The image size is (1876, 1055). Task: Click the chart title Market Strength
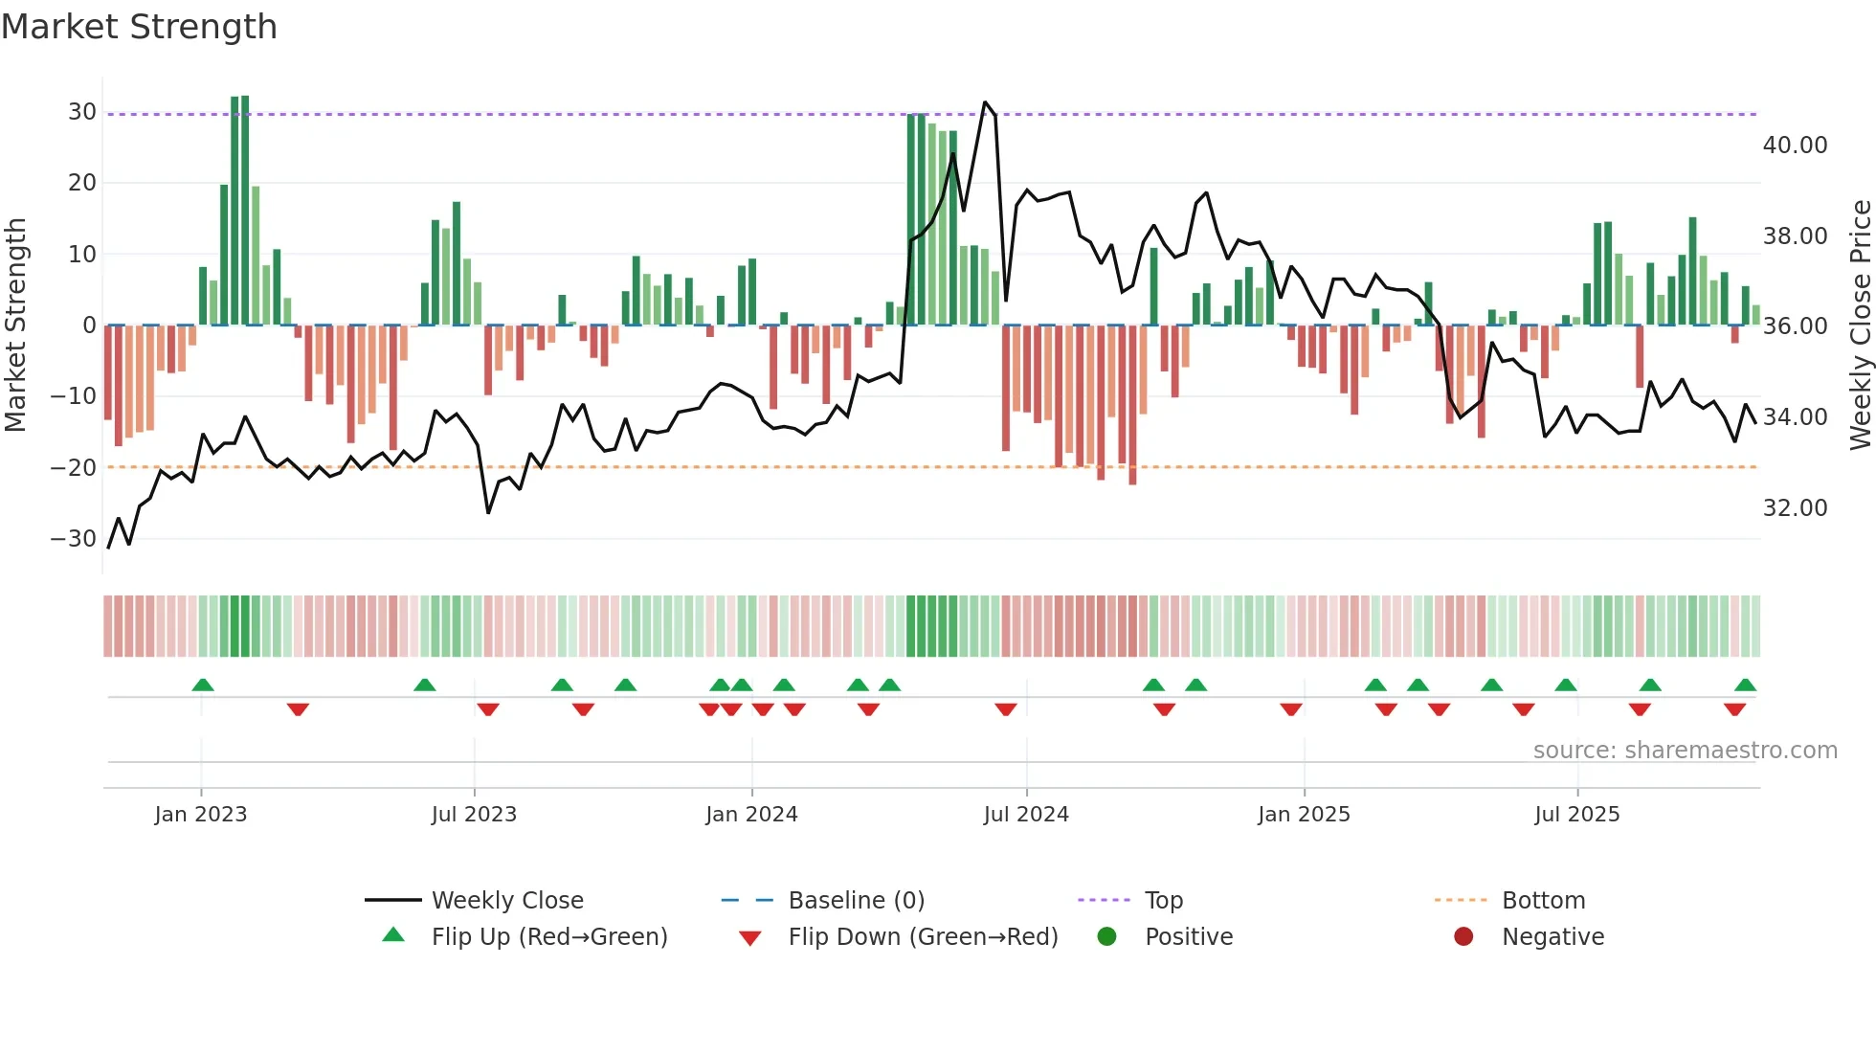[139, 27]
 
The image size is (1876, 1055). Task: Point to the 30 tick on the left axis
[82, 111]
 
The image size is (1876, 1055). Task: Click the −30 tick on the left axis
[74, 538]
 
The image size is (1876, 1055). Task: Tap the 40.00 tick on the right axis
[1795, 145]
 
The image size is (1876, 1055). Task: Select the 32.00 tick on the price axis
[1795, 507]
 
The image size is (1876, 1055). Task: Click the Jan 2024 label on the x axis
[751, 814]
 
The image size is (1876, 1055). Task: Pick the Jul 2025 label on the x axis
[1576, 814]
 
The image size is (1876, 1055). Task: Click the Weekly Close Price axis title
[1860, 325]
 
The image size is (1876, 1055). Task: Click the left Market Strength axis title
[15, 325]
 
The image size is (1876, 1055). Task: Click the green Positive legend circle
[1107, 936]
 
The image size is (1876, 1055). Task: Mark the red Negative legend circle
[1463, 936]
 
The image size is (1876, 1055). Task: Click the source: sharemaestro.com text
[1685, 750]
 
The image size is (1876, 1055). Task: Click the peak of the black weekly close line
[985, 102]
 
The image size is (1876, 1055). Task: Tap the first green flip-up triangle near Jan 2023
[202, 685]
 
